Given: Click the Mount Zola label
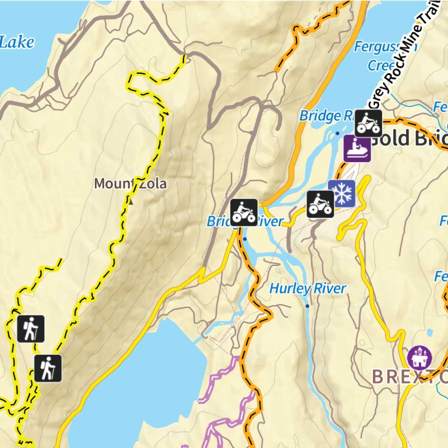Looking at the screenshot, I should [130, 184].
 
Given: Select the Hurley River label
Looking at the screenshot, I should [307, 289].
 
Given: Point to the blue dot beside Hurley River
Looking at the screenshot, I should [307, 306].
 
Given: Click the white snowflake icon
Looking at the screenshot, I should [342, 193].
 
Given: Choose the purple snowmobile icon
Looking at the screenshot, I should [357, 149].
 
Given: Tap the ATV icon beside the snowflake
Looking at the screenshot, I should [321, 204].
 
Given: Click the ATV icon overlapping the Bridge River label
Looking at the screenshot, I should [244, 212].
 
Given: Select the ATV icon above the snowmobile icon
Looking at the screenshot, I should [368, 123].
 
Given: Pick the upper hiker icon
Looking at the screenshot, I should [31, 329].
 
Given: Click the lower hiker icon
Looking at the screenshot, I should [48, 368].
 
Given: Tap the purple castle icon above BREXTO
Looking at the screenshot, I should [419, 357].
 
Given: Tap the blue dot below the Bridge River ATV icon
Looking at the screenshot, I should [245, 239].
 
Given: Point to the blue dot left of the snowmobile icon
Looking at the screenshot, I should [337, 133].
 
